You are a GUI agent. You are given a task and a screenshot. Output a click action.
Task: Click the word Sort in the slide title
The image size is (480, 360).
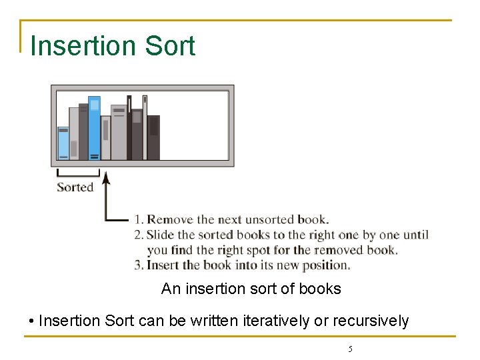pyautogui.click(x=169, y=46)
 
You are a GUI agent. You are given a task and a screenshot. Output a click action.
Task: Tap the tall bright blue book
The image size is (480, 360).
pyautogui.click(x=95, y=128)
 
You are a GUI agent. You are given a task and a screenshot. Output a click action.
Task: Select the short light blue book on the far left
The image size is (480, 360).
pyautogui.click(x=63, y=143)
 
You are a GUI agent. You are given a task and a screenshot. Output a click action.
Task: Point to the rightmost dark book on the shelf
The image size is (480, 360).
pyautogui.click(x=153, y=138)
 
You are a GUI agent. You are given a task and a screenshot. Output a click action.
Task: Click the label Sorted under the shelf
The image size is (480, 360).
pyautogui.click(x=75, y=187)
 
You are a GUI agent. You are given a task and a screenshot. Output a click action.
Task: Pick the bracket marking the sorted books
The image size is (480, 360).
pyautogui.click(x=78, y=175)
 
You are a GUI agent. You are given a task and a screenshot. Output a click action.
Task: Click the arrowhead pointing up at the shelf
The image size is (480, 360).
pyautogui.click(x=106, y=177)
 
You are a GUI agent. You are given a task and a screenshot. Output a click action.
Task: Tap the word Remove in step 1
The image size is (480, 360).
pyautogui.click(x=171, y=219)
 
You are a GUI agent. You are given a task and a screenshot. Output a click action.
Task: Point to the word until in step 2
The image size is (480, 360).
pyautogui.click(x=413, y=235)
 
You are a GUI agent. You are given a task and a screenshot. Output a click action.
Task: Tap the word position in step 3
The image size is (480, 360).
pyautogui.click(x=326, y=265)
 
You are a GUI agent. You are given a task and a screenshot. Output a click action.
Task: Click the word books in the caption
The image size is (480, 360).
pyautogui.click(x=322, y=289)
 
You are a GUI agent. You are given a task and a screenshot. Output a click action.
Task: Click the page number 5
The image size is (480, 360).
pyautogui.click(x=350, y=349)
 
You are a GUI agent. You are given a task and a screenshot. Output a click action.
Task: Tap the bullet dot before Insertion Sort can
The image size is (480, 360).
pyautogui.click(x=32, y=321)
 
